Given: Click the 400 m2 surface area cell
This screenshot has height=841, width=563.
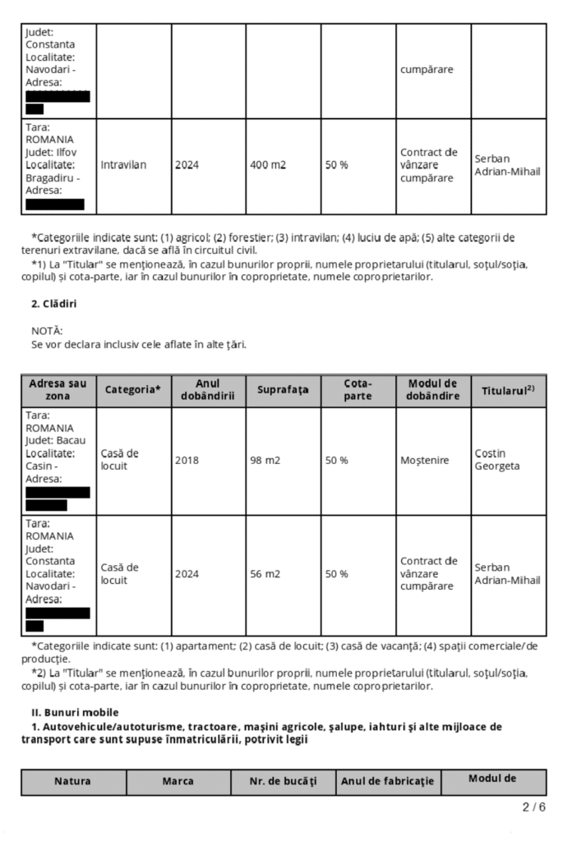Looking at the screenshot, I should click(x=268, y=165).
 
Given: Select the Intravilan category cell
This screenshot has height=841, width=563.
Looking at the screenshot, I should click(x=123, y=165).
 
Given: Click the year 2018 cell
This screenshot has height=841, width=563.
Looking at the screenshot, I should click(x=187, y=461).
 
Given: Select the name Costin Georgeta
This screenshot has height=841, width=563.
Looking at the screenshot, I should click(x=491, y=460).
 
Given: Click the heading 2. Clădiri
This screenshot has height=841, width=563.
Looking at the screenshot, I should click(x=55, y=304).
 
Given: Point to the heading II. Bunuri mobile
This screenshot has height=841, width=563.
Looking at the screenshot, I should click(x=69, y=711).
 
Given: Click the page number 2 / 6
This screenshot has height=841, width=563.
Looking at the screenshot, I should click(x=533, y=807).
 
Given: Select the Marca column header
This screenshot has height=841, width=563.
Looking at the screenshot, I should click(x=178, y=782).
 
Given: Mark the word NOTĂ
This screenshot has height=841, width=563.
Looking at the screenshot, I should click(x=46, y=331).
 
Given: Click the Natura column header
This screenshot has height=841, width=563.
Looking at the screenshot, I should click(x=73, y=782).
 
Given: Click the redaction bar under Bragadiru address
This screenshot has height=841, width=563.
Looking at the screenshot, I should click(x=55, y=205).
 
